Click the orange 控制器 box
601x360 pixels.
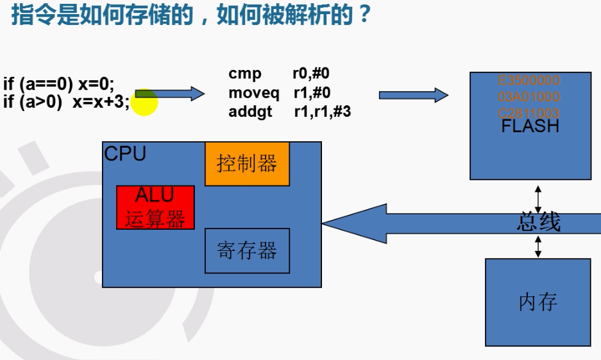click(x=247, y=164)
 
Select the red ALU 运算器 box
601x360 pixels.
click(x=155, y=207)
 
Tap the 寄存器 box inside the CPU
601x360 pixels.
click(x=247, y=250)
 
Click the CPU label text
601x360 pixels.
click(x=125, y=154)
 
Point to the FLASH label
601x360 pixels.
click(x=530, y=126)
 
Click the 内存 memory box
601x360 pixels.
click(x=538, y=302)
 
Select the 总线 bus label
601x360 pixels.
click(x=538, y=222)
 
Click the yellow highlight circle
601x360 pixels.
click(x=146, y=103)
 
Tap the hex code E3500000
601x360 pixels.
click(x=529, y=81)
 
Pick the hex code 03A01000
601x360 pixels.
click(x=529, y=97)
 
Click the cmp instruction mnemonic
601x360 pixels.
click(x=245, y=74)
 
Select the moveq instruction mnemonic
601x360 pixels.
click(x=254, y=93)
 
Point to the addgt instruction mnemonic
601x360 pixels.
click(x=250, y=112)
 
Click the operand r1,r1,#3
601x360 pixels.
click(x=322, y=112)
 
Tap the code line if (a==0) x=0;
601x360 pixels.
click(x=59, y=84)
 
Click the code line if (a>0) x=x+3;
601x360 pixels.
click(x=66, y=101)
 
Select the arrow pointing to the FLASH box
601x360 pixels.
click(x=413, y=96)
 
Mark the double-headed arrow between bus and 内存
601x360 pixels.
click(x=538, y=246)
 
